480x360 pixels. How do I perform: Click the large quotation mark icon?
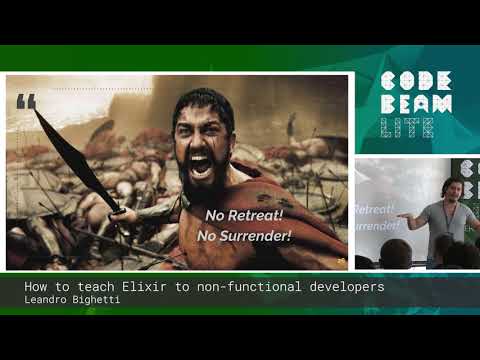(27, 101)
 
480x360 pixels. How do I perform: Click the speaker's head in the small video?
(450, 188)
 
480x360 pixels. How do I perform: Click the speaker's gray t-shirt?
(447, 221)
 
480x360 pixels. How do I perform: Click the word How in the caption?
(35, 287)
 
